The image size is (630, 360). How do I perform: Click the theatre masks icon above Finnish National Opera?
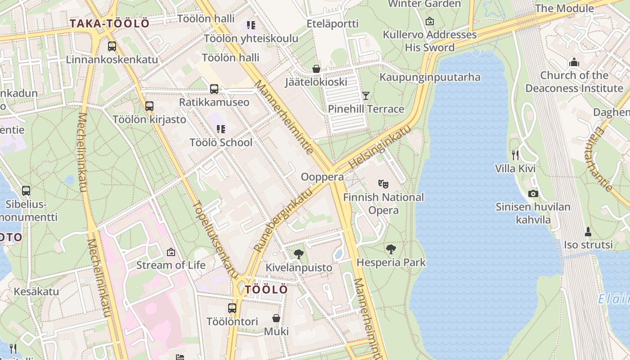pos(383,184)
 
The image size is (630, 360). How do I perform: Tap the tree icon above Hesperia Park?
pos(391,249)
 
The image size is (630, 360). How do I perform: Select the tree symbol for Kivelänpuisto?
pos(298,254)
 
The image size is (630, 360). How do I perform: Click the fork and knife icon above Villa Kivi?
pos(515,155)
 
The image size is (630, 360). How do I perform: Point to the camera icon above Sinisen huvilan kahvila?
pos(533,193)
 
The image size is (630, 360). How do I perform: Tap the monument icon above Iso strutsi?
pos(588,232)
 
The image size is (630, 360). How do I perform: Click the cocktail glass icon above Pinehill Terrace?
pos(366,95)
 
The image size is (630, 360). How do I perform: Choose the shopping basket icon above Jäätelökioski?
pos(316,69)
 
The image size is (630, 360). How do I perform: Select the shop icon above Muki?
pos(276,318)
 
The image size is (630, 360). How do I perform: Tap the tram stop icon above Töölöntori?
pos(232,308)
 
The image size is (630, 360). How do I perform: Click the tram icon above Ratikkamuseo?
pos(214,89)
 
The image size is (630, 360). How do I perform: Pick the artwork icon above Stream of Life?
pos(171,252)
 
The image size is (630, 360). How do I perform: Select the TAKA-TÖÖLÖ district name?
pos(110,24)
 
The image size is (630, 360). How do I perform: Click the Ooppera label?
pos(322,177)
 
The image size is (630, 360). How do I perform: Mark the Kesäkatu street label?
pos(36,291)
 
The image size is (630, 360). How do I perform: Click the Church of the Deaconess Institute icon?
pos(574,62)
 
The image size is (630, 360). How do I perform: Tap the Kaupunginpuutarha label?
pos(430,77)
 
